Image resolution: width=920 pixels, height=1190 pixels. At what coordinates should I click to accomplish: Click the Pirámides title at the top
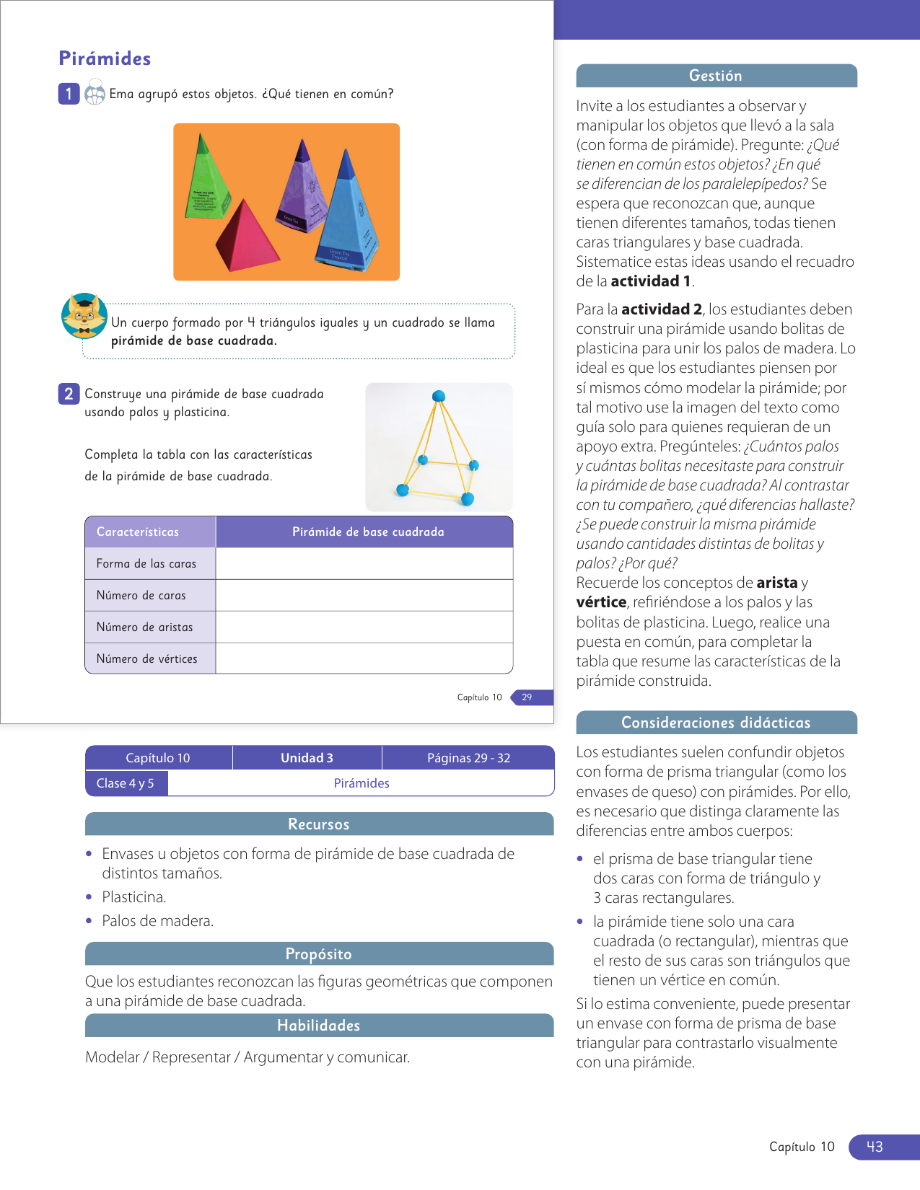coord(105,58)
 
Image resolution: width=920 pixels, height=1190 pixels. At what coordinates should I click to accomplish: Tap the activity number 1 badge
coord(69,94)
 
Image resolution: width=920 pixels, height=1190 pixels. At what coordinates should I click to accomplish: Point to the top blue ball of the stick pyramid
coord(439,396)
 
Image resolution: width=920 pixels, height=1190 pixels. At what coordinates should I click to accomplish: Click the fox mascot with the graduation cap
coord(84,316)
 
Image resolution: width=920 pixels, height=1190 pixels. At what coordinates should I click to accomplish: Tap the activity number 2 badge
coord(69,394)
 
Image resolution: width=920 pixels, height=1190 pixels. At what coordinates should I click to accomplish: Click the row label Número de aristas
coord(145,627)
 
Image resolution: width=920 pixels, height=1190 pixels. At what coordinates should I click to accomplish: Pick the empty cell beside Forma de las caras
coord(364,564)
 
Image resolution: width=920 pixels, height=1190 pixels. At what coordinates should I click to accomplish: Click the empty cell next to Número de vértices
coord(364,658)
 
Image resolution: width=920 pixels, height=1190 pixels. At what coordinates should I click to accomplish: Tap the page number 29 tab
coord(527,697)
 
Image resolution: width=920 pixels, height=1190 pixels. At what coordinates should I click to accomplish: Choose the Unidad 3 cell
coord(307,758)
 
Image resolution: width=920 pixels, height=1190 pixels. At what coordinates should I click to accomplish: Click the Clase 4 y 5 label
coord(126,783)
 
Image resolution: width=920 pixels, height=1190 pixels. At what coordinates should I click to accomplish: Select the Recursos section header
coord(319,824)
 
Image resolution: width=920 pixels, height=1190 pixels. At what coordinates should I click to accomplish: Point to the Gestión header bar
coord(716,76)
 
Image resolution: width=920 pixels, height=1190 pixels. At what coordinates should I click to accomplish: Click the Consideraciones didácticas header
coord(716,723)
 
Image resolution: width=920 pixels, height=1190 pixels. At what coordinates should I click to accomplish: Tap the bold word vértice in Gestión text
coord(601,602)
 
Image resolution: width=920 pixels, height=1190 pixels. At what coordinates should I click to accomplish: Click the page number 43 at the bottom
coord(875,1147)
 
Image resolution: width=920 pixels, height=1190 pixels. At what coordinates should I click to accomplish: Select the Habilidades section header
coord(319,1026)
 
